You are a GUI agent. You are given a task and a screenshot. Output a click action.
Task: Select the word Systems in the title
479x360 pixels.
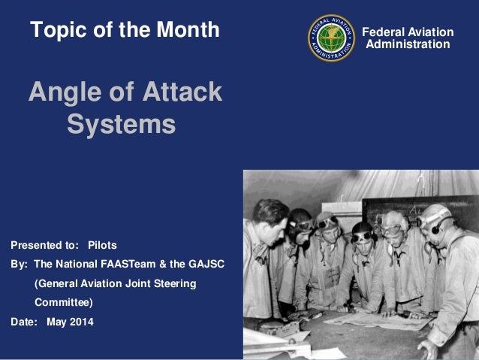(121, 124)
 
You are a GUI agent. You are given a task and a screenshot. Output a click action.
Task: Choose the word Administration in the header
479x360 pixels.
(408, 44)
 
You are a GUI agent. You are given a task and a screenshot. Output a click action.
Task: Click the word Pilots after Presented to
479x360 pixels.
(102, 245)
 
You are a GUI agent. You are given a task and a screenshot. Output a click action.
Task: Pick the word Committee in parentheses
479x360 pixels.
(63, 302)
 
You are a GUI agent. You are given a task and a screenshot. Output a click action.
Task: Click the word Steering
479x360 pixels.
(173, 283)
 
